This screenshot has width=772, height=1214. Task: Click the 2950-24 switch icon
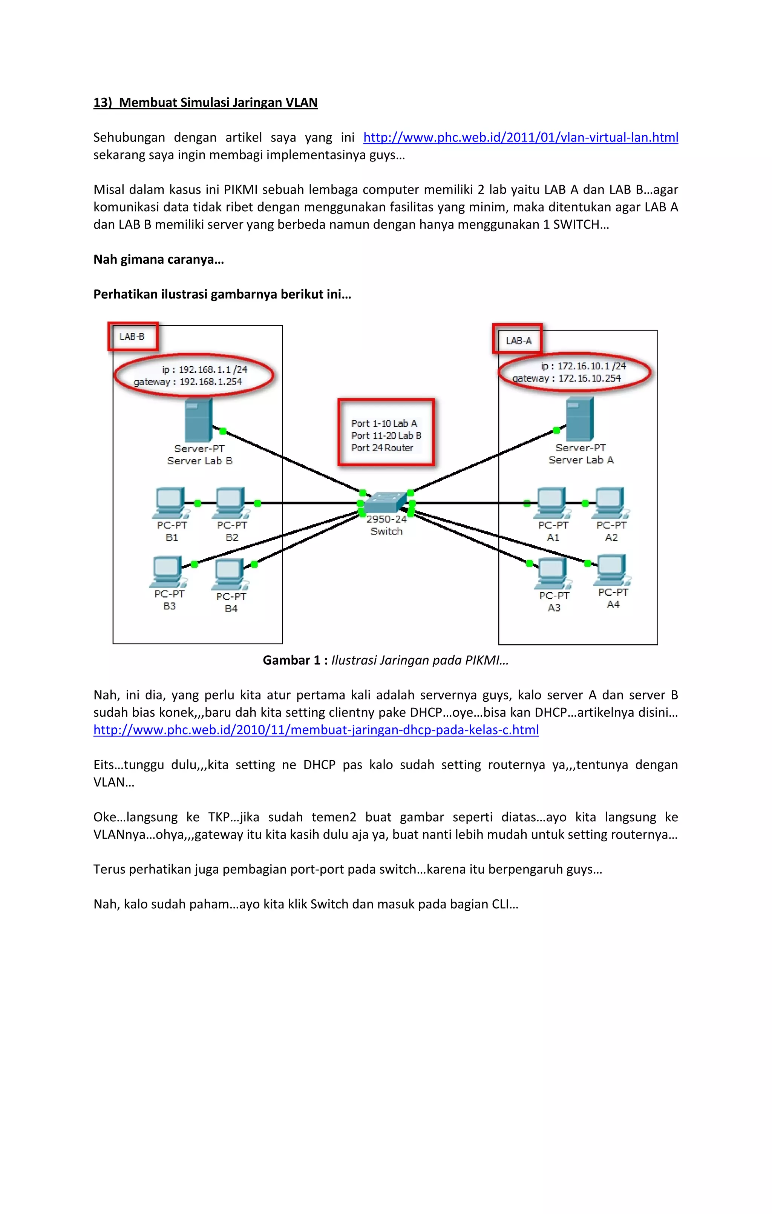coord(385,502)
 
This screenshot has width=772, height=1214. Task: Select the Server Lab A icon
coord(579,419)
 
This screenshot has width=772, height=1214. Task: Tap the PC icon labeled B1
coord(170,502)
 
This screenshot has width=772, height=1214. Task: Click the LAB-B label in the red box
coord(132,336)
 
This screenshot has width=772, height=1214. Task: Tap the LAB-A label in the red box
coord(519,341)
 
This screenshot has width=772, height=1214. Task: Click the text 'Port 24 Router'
coord(382,448)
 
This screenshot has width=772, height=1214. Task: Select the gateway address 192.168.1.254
coord(211,382)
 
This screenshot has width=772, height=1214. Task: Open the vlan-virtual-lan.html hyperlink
coord(521,138)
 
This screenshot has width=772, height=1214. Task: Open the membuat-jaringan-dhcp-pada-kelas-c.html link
coord(316,730)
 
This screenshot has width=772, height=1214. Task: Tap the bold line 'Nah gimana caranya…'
coord(159,259)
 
